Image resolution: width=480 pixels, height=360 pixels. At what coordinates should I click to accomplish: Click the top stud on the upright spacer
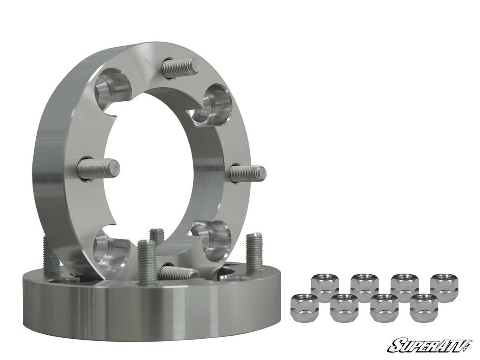(182, 66)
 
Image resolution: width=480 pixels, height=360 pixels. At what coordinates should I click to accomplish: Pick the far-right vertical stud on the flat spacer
(254, 252)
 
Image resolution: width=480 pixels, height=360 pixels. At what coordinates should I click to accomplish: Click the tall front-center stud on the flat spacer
(147, 262)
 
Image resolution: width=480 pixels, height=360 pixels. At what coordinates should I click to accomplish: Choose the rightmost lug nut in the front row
(424, 307)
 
